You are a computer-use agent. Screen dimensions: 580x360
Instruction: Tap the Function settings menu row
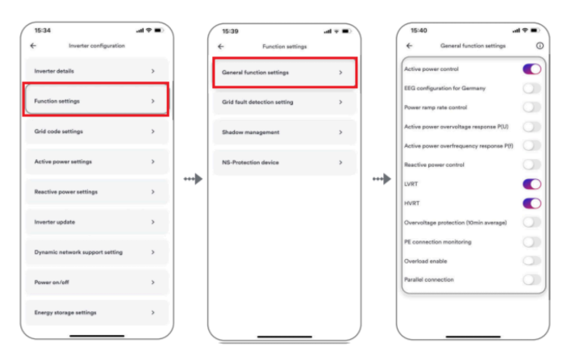pyautogui.click(x=96, y=101)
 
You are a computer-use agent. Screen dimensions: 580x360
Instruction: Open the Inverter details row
pyautogui.click(x=96, y=71)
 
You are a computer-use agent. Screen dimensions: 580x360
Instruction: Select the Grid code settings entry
pyautogui.click(x=96, y=132)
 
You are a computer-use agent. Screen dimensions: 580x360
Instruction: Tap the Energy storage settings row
pyautogui.click(x=96, y=312)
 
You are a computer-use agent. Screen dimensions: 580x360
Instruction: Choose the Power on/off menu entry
pyautogui.click(x=96, y=283)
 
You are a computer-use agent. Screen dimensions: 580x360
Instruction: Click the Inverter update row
pyautogui.click(x=96, y=222)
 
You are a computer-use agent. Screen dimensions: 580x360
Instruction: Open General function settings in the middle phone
pyautogui.click(x=285, y=73)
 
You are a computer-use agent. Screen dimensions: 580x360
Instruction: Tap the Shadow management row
pyautogui.click(x=285, y=132)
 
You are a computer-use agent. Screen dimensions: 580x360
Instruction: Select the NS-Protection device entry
pyautogui.click(x=285, y=162)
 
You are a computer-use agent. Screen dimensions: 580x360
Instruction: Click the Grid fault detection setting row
pyautogui.click(x=285, y=103)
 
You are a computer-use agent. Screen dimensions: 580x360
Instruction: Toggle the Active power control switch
pyautogui.click(x=532, y=69)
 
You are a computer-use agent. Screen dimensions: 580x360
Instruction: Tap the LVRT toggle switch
pyautogui.click(x=532, y=184)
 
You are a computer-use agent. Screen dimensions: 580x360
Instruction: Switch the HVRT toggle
pyautogui.click(x=532, y=203)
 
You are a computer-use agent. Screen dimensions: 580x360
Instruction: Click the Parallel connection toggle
pyautogui.click(x=532, y=280)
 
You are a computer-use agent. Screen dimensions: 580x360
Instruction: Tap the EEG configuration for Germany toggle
pyautogui.click(x=532, y=89)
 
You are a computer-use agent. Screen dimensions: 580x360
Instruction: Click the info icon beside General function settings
pyautogui.click(x=540, y=46)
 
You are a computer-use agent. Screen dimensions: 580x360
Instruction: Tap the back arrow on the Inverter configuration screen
pyautogui.click(x=33, y=45)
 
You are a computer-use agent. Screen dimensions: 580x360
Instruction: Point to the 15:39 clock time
pyautogui.click(x=230, y=31)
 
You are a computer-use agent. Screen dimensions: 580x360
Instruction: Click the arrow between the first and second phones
pyautogui.click(x=193, y=179)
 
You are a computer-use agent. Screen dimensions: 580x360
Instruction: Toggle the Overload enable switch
pyautogui.click(x=532, y=261)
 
